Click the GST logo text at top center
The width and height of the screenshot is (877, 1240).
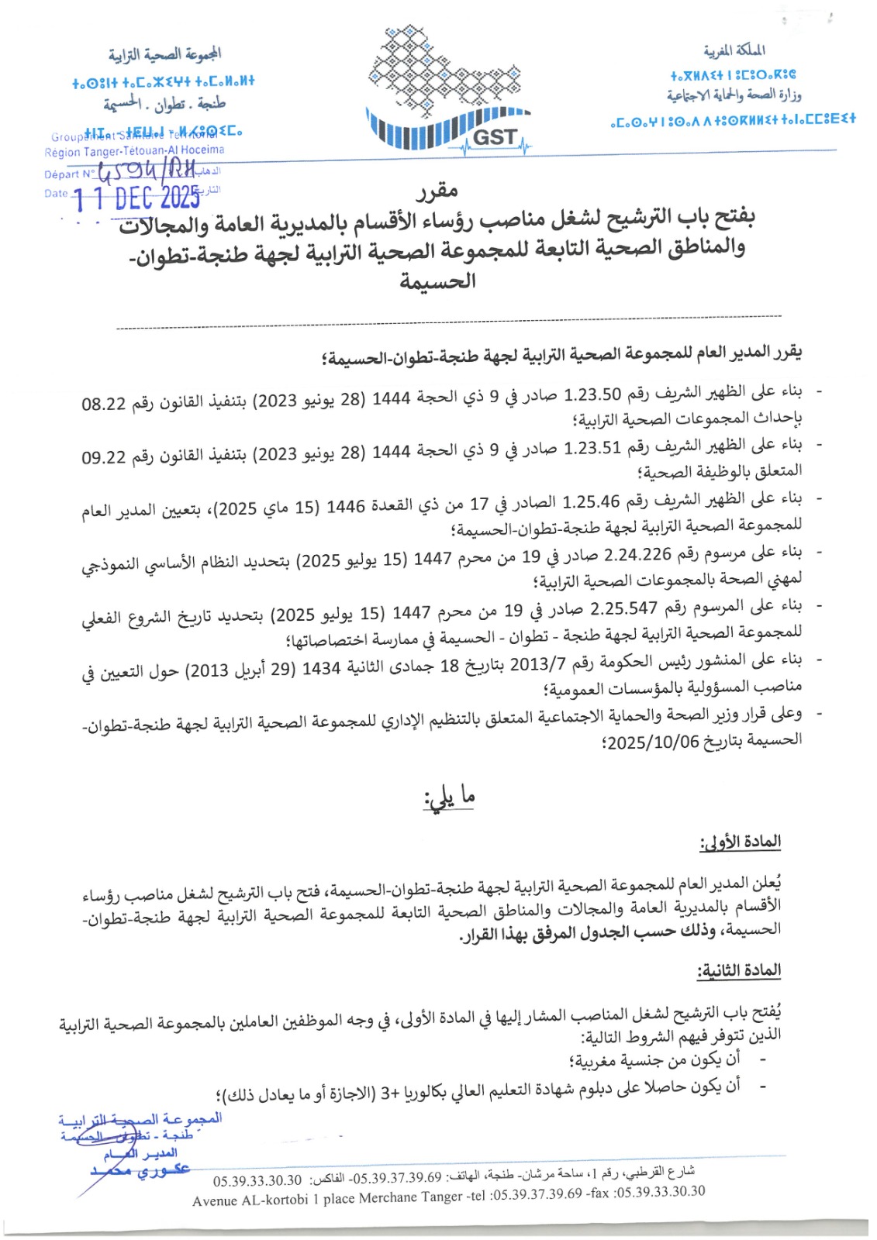pos(494,138)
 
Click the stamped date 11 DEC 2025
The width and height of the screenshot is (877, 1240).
pos(137,198)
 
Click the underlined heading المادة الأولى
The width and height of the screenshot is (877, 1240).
pos(740,842)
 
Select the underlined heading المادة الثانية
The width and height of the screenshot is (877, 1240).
pos(739,970)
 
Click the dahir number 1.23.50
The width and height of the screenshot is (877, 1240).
pos(592,394)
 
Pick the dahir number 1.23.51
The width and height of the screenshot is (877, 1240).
pos(592,448)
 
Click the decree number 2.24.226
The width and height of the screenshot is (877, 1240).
pos(637,555)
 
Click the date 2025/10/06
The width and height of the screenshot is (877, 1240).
pos(653,742)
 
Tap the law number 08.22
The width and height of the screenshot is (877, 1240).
pos(104,404)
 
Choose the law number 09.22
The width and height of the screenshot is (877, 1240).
pos(104,457)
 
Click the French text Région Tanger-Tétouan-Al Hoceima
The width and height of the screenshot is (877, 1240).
pos(134,150)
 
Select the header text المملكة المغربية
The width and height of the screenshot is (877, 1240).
pos(734,51)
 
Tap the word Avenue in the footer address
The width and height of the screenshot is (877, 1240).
pos(216,1201)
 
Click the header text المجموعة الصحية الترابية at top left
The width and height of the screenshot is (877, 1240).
pos(164,54)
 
